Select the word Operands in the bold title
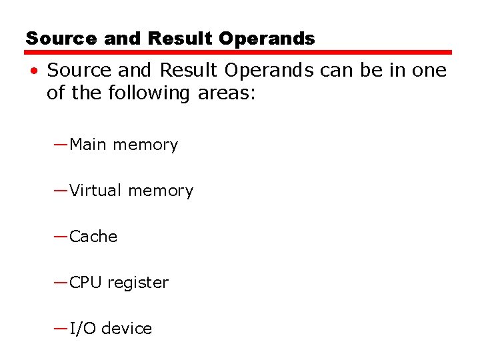point(266,39)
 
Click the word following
point(147,93)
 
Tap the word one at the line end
point(428,70)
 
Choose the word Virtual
point(96,191)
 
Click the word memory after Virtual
point(161,191)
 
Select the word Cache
point(93,237)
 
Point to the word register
point(138,283)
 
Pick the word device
point(127,329)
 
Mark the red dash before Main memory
point(61,143)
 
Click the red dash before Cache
point(61,235)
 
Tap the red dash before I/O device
point(61,327)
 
